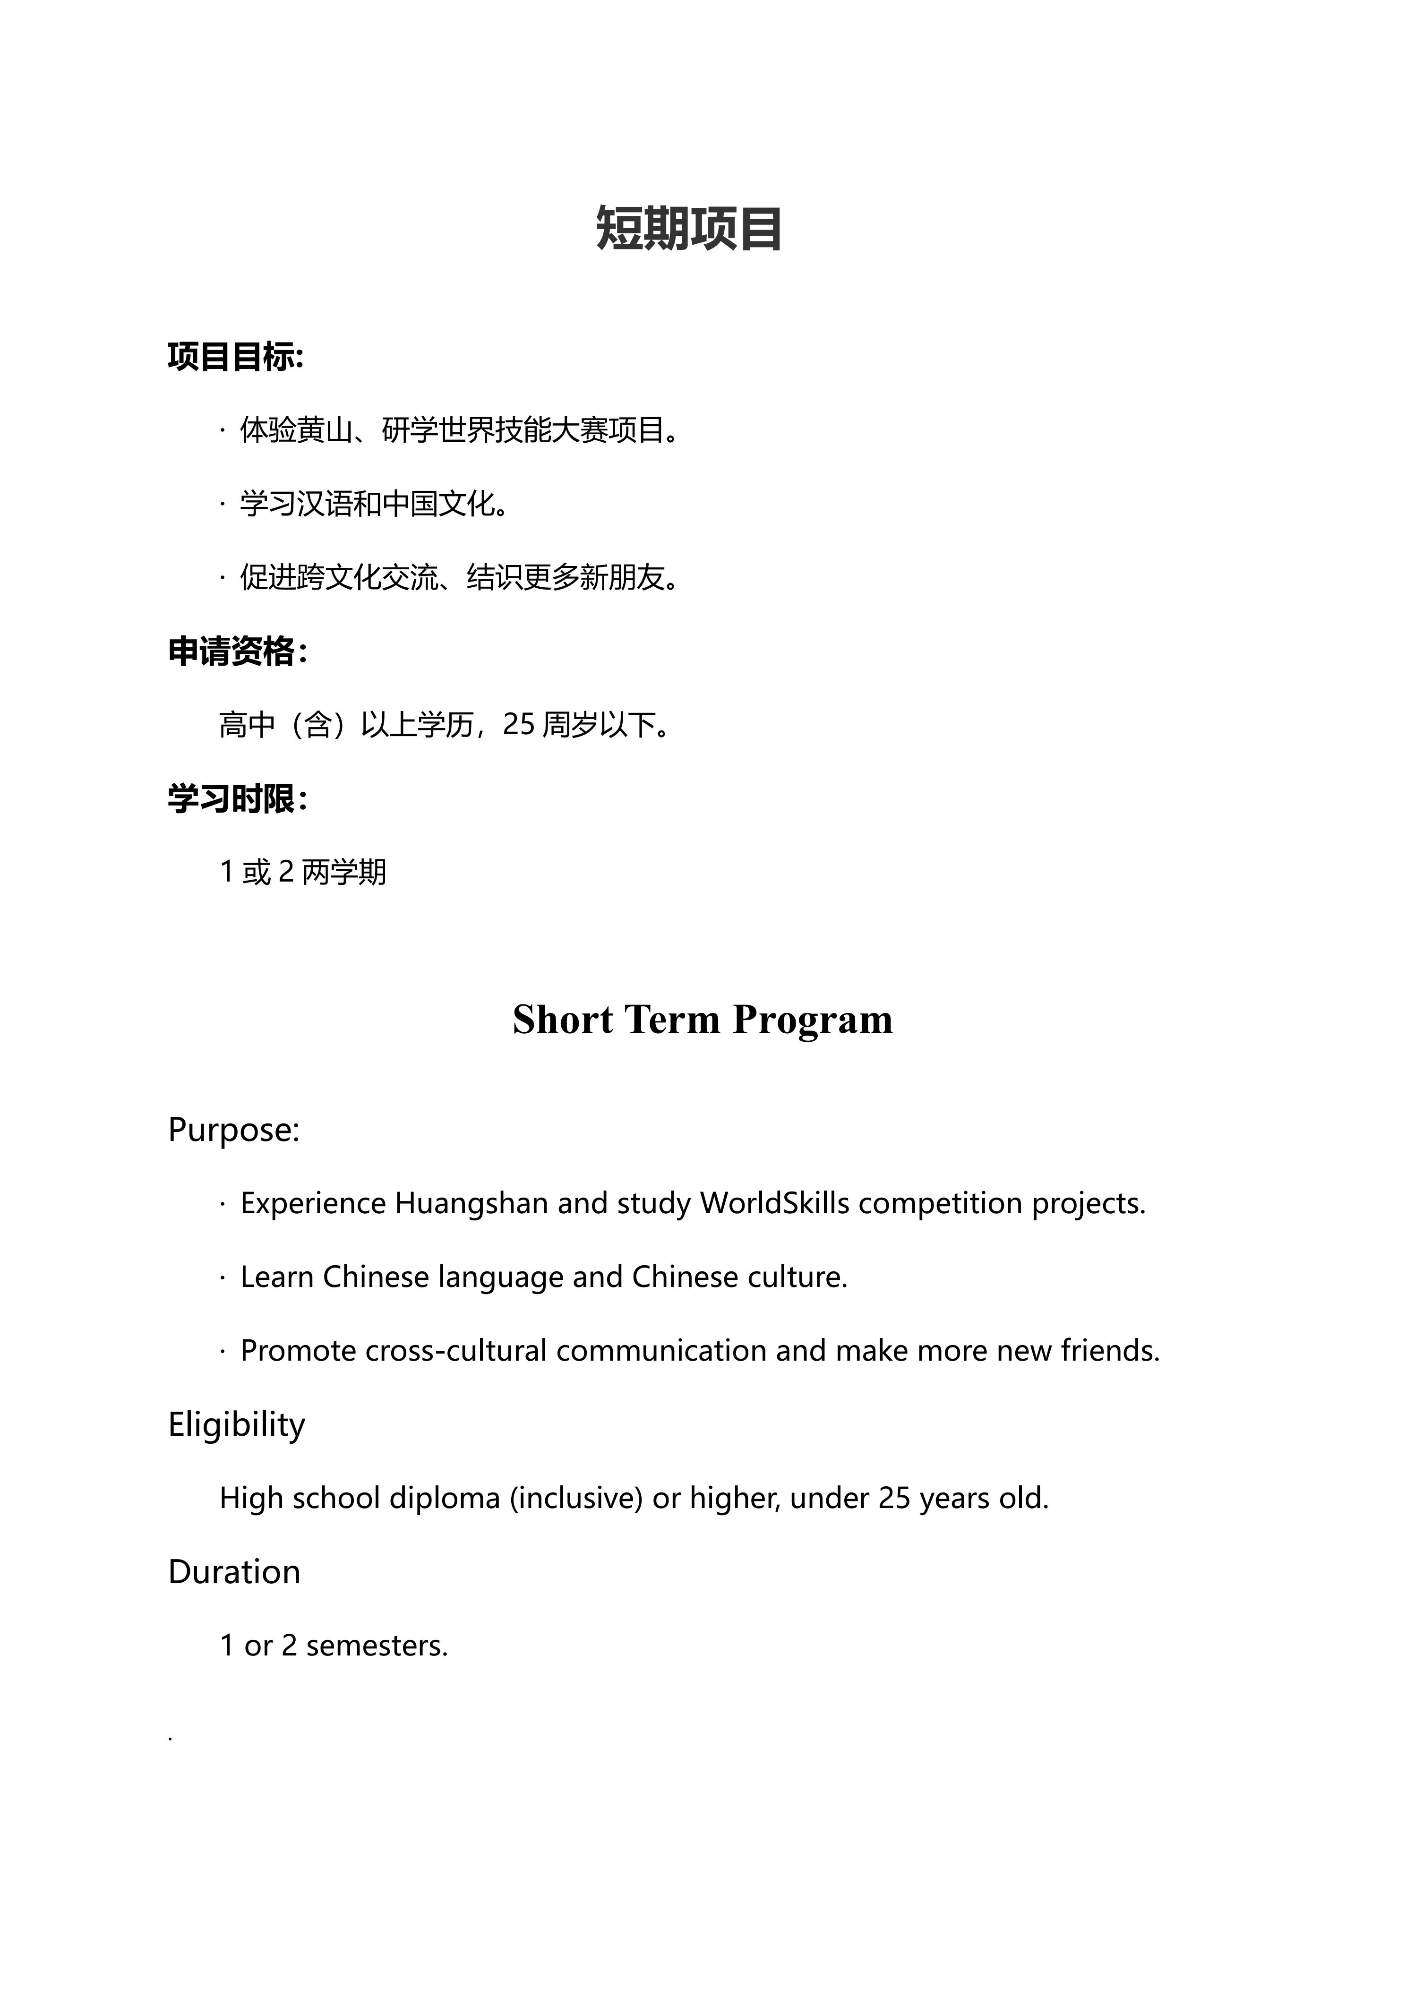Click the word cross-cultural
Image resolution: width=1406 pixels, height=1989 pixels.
coord(455,1351)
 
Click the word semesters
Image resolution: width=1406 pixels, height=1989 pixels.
coord(376,1645)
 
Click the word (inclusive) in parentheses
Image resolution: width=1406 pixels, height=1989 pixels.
coord(576,1498)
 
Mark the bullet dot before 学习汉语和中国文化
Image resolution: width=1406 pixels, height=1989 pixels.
coord(223,503)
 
